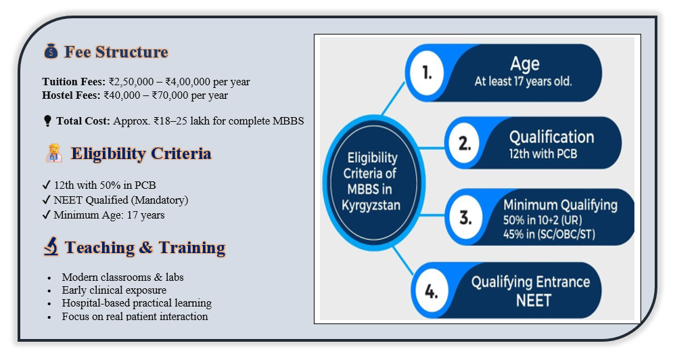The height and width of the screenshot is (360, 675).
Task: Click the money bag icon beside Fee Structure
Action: [x=51, y=51]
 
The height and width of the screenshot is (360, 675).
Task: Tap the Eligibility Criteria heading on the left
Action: [x=141, y=154]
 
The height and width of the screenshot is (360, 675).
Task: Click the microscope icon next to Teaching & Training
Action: [x=51, y=246]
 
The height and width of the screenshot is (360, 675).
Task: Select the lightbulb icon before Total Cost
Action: [x=47, y=121]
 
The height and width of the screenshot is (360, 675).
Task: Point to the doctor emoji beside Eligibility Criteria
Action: [x=54, y=154]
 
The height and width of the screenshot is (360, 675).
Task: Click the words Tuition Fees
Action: [x=74, y=82]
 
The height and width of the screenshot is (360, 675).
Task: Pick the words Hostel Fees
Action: [x=71, y=95]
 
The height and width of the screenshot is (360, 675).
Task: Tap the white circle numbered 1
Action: [x=426, y=73]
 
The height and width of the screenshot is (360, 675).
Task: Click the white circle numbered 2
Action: [x=464, y=143]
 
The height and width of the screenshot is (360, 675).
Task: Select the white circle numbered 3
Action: [x=465, y=217]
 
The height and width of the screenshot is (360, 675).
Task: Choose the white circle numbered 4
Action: [x=432, y=292]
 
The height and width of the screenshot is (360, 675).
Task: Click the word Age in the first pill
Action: [x=525, y=64]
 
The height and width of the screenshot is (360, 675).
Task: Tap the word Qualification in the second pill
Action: [x=551, y=137]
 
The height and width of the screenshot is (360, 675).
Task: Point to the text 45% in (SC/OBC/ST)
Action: [x=549, y=234]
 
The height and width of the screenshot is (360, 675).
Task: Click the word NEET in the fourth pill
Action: [x=534, y=300]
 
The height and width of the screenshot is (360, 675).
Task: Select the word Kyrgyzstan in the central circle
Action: [x=371, y=206]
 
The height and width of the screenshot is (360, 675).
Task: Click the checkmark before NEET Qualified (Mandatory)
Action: [x=47, y=200]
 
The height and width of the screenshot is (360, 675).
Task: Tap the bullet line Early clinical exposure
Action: [x=114, y=290]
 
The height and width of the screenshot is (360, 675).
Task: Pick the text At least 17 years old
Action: [x=523, y=81]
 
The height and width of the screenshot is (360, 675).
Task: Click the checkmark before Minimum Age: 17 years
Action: [x=47, y=215]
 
